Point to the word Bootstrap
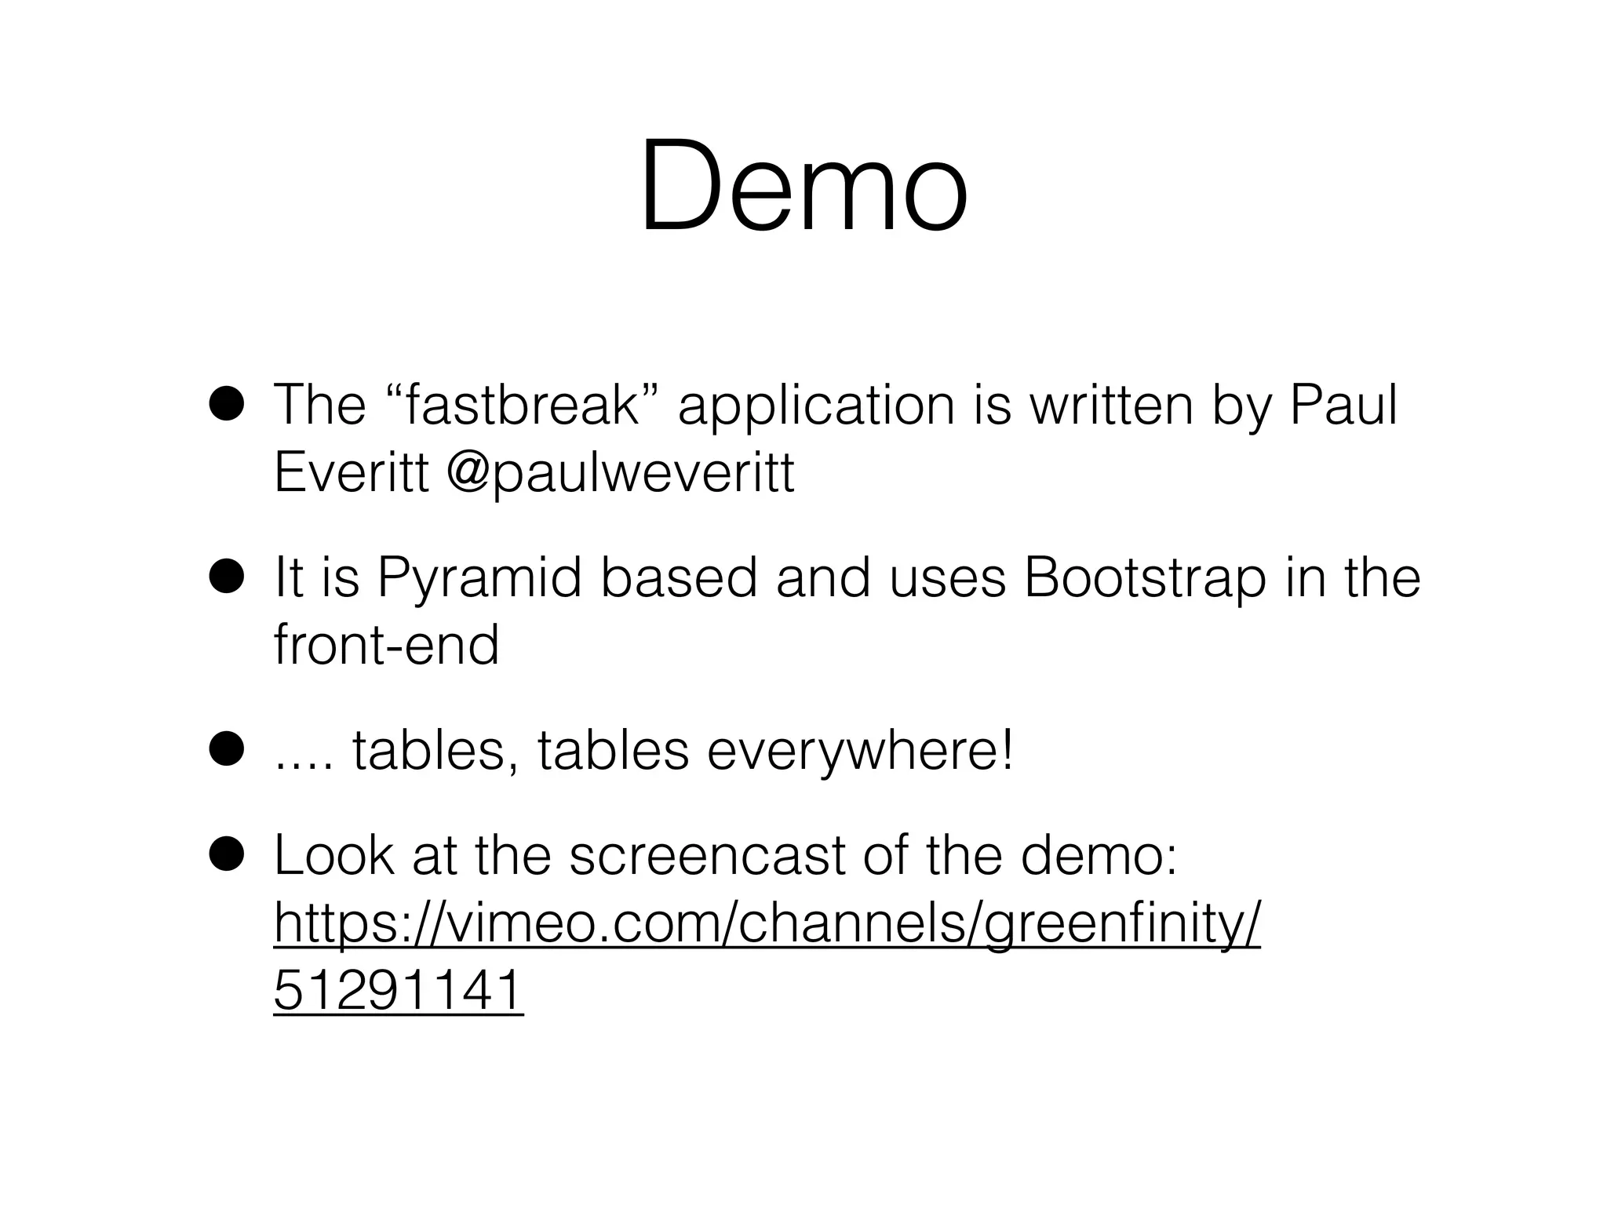pyautogui.click(x=1145, y=578)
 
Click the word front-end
pyautogui.click(x=386, y=645)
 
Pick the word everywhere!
pyautogui.click(x=860, y=751)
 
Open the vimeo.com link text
pyautogui.click(x=767, y=924)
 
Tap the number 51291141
pyautogui.click(x=398, y=991)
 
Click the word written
pyautogui.click(x=1111, y=406)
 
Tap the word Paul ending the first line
pyautogui.click(x=1343, y=406)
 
